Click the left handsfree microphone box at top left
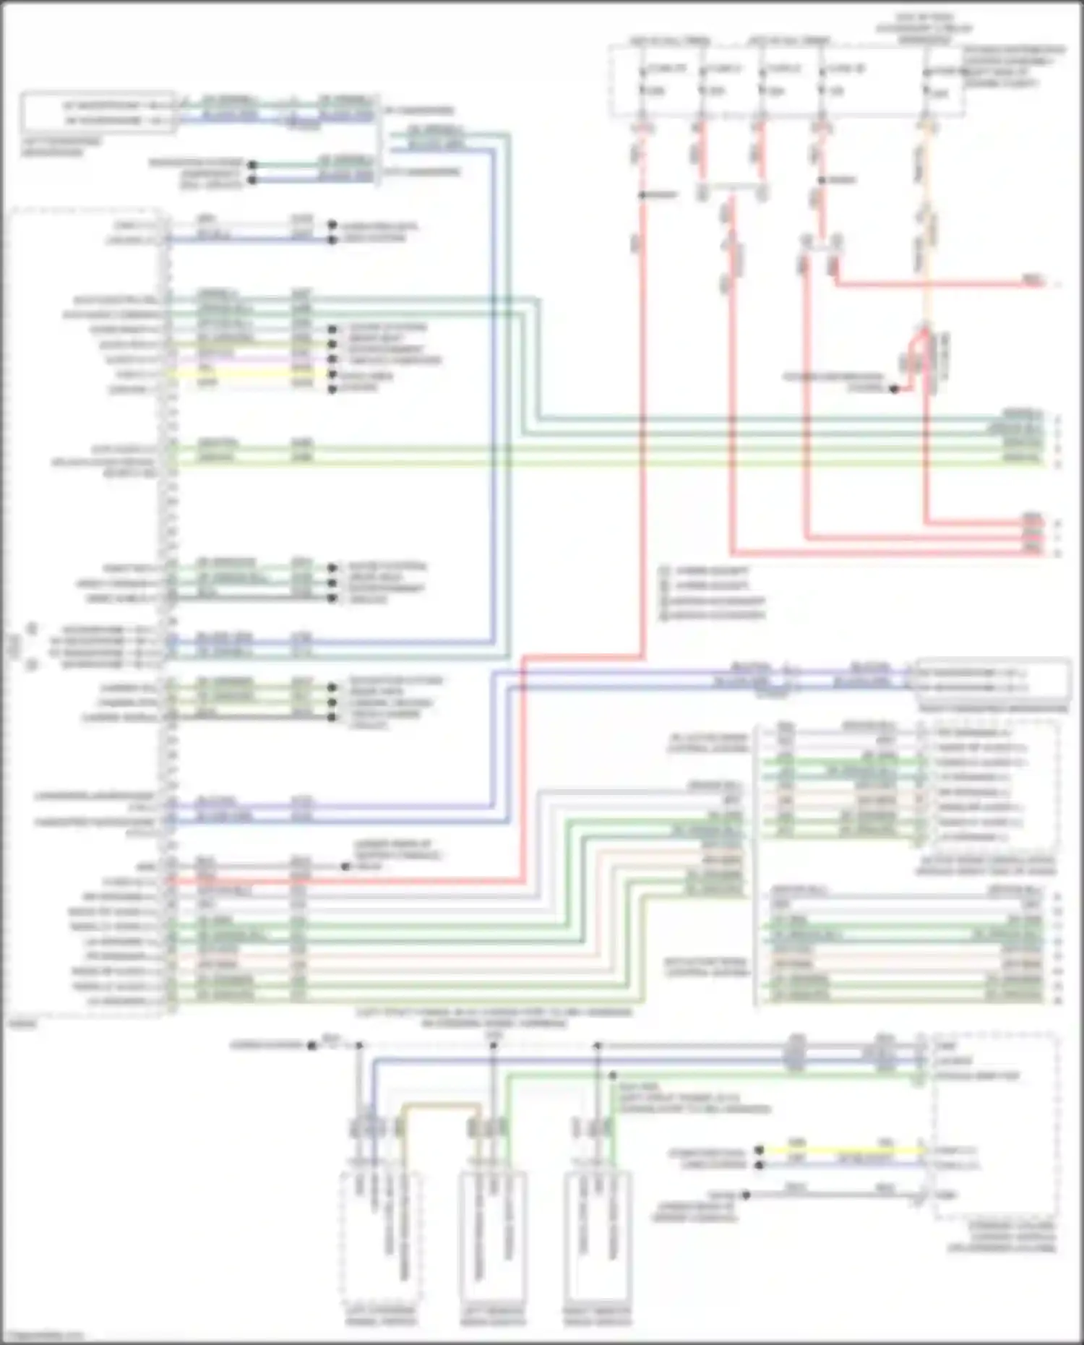(98, 113)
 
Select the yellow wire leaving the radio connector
(246, 374)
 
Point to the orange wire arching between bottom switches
(440, 1105)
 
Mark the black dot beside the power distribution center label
(894, 390)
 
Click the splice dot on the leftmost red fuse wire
(642, 195)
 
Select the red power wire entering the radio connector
(347, 882)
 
